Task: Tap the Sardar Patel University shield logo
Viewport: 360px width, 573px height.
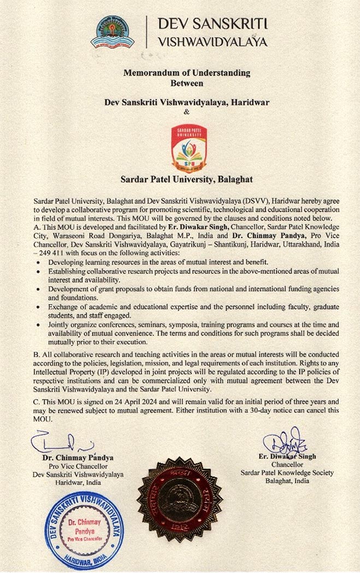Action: (x=189, y=146)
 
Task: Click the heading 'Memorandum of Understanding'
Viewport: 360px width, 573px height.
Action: (x=187, y=73)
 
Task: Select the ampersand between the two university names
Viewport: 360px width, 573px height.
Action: (x=186, y=112)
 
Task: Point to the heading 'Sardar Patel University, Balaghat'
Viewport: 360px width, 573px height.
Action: (x=186, y=178)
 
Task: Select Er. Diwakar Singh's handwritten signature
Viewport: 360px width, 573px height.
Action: (x=285, y=442)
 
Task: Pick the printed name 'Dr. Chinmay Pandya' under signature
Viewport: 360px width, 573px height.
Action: (x=79, y=457)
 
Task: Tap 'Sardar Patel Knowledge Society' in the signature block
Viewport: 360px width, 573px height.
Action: (x=287, y=473)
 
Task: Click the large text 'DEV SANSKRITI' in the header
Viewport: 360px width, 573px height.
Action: (x=212, y=24)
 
